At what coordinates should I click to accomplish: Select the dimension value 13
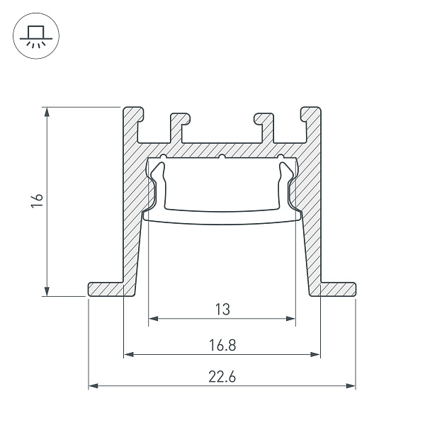pyautogui.click(x=222, y=309)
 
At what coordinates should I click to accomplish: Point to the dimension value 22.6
pyautogui.click(x=222, y=377)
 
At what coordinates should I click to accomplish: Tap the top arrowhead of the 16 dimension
pyautogui.click(x=47, y=111)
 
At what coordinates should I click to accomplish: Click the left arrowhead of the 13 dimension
pyautogui.click(x=152, y=319)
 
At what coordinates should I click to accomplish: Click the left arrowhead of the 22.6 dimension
pyautogui.click(x=92, y=386)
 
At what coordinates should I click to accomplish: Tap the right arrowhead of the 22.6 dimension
pyautogui.click(x=351, y=386)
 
